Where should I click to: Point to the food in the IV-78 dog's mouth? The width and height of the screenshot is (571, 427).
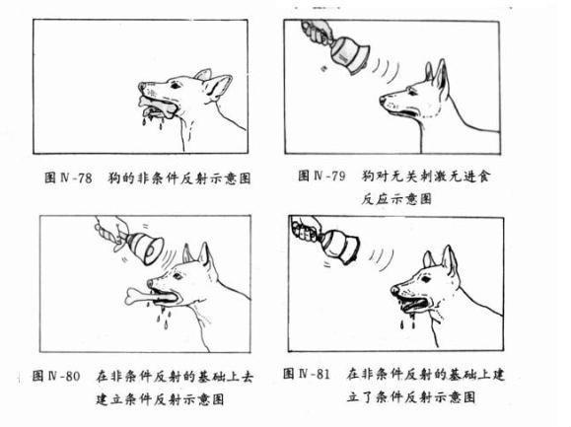click(157, 104)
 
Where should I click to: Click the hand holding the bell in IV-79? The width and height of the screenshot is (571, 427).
click(316, 34)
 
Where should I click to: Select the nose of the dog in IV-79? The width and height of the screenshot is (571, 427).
click(382, 99)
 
